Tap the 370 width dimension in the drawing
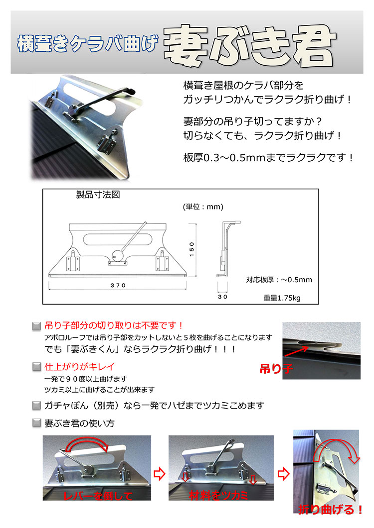[118, 285]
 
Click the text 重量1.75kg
[283, 298]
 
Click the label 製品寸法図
[98, 195]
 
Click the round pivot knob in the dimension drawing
[117, 254]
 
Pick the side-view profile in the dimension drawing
[223, 249]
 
